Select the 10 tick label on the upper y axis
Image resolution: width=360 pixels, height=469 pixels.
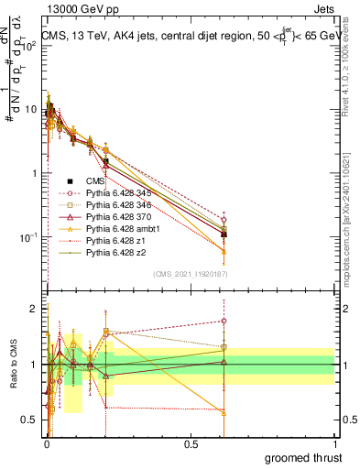click(32, 109)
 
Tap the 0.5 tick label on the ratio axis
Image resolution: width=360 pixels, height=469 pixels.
click(30, 420)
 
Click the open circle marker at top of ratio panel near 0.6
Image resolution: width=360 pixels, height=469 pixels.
click(224, 321)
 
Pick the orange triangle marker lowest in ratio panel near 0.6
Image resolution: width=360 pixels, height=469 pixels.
click(224, 412)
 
